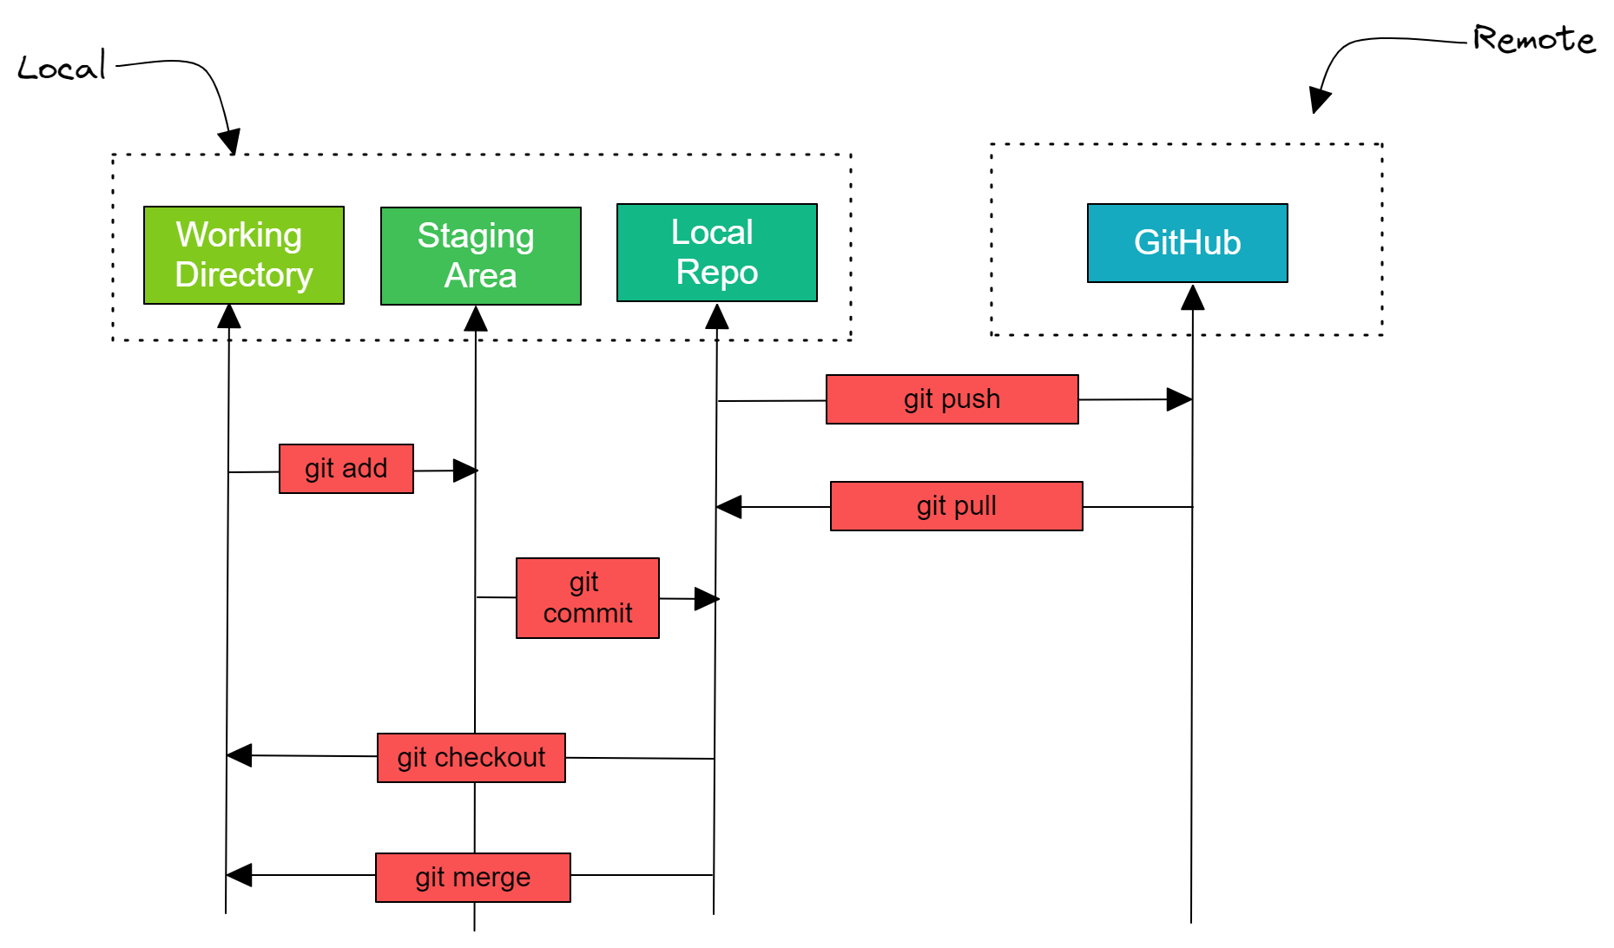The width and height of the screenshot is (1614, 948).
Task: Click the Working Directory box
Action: tap(243, 255)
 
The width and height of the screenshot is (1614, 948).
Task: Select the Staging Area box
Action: tap(480, 256)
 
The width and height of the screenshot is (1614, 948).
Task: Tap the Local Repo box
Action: tap(716, 253)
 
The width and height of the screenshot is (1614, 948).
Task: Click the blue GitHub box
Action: tap(1187, 243)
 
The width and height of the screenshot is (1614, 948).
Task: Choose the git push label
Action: tap(952, 399)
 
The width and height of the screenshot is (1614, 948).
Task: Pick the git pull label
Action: tap(956, 506)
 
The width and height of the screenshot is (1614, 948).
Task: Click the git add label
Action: tap(346, 469)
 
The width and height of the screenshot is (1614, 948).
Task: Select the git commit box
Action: tap(587, 598)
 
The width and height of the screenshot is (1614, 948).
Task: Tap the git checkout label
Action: tap(471, 758)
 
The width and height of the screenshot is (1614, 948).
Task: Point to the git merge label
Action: tap(472, 878)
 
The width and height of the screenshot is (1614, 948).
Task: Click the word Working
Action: tap(239, 235)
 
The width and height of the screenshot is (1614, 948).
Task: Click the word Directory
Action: tap(243, 275)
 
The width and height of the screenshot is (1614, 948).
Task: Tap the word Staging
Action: tap(476, 236)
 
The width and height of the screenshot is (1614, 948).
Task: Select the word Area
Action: tap(480, 276)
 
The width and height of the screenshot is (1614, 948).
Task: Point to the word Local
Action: tap(712, 233)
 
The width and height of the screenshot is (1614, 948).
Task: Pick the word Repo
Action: tap(717, 273)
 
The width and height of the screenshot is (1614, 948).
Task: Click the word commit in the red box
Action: tap(588, 614)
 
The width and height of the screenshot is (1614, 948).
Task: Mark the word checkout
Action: tap(490, 758)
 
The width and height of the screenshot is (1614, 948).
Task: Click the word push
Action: tap(971, 399)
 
